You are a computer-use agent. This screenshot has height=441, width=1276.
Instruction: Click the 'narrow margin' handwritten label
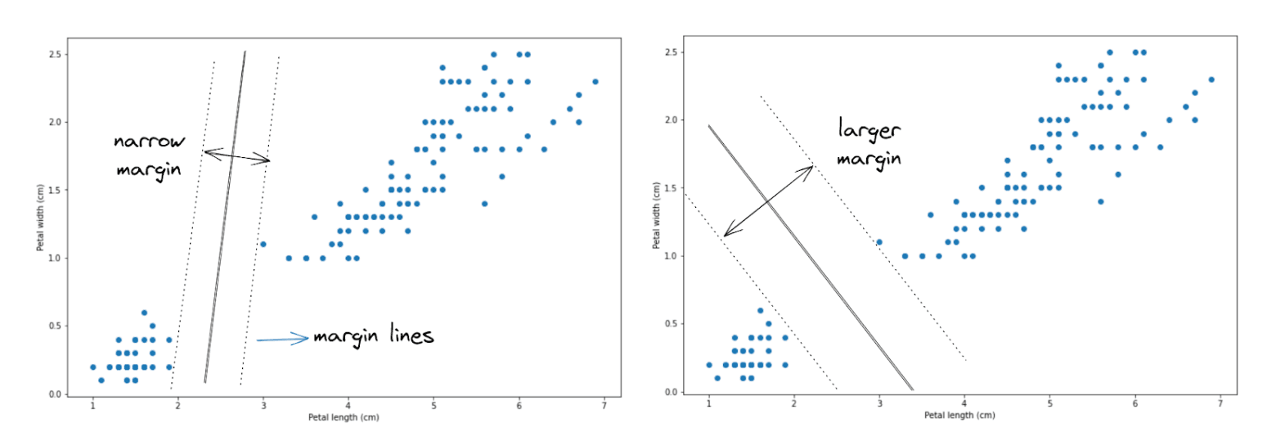pos(148,155)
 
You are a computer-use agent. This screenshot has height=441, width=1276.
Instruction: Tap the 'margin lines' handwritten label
pos(372,336)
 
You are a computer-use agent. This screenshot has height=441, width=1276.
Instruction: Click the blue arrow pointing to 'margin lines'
pos(283,339)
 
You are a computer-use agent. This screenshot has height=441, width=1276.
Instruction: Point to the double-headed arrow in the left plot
pos(236,155)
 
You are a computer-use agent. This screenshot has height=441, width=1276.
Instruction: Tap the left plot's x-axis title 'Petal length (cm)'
pos(344,417)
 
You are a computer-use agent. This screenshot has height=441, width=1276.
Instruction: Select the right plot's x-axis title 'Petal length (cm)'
pos(959,415)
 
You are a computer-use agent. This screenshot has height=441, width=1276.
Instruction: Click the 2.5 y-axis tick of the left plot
pos(56,54)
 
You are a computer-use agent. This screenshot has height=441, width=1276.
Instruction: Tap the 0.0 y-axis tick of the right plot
pos(672,392)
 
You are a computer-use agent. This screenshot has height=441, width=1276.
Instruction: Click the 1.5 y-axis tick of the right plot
pos(672,188)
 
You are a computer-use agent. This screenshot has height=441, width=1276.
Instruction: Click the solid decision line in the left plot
pos(225,217)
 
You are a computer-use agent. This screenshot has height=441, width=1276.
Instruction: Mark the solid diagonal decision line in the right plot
pos(810,258)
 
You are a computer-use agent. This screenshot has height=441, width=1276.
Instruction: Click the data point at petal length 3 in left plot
pos(263,244)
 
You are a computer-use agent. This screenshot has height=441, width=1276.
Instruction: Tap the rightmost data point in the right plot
pos(1211,79)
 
